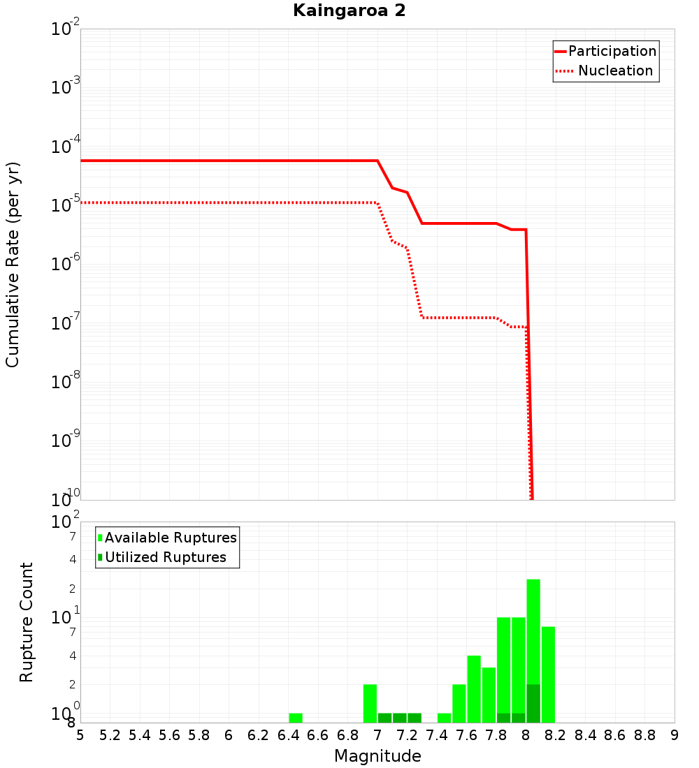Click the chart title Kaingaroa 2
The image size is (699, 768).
pos(349,11)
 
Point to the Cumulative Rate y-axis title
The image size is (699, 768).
pos(13,265)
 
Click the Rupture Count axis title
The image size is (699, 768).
pos(27,622)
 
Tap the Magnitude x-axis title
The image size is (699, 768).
pos(377,756)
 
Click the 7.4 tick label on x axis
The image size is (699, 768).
pos(437,735)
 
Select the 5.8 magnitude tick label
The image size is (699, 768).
pos(199,735)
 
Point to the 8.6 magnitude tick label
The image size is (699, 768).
pos(615,735)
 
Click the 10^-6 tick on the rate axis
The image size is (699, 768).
pos(67,264)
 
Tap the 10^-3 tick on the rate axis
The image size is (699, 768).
pos(67,87)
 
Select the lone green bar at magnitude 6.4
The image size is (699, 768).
pos(296,718)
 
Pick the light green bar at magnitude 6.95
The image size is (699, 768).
pos(370,703)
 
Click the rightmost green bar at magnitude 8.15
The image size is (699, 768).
pos(548,674)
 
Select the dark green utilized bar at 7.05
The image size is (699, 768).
pos(384,718)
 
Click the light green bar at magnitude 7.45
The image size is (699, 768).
pos(444,718)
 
